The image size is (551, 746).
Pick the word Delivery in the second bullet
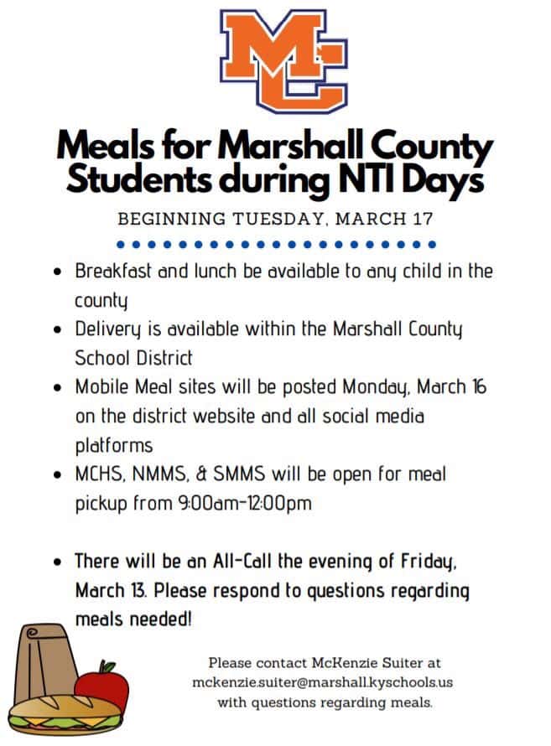tap(105, 328)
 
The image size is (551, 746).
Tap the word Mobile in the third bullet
tap(99, 387)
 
